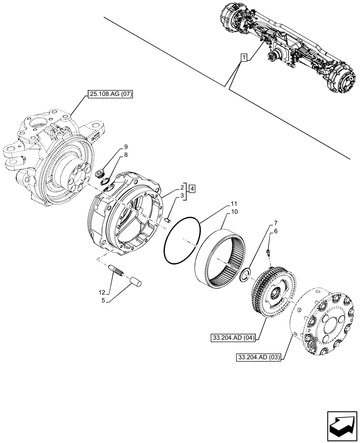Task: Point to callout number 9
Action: [x=126, y=147]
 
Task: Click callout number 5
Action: [x=103, y=300]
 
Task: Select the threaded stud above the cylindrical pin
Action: [x=116, y=271]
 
